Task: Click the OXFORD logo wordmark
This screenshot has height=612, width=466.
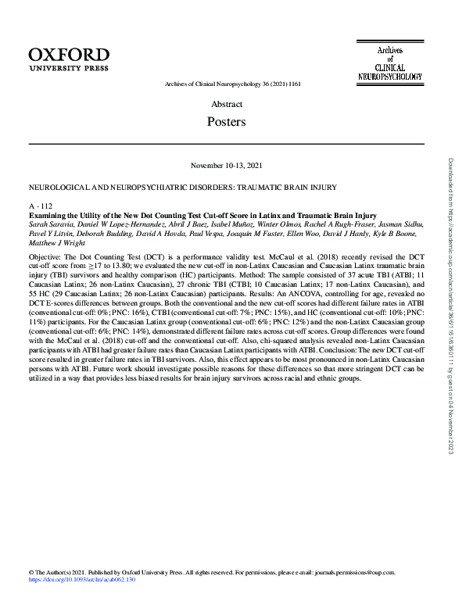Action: [69, 53]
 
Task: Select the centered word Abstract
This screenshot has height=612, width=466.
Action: [227, 104]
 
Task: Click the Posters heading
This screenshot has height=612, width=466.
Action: [227, 122]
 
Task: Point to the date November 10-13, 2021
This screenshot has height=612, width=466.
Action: [227, 165]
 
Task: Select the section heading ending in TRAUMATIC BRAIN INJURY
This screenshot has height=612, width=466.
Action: [181, 187]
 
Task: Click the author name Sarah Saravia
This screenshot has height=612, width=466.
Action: [48, 223]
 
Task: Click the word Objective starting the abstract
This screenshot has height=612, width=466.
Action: [45, 256]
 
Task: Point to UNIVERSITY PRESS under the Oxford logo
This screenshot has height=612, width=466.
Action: [69, 69]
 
